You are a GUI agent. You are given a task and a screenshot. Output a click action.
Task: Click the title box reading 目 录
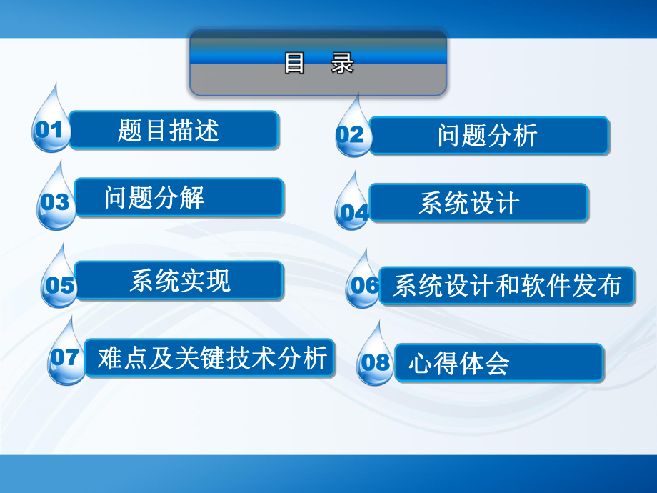tap(319, 64)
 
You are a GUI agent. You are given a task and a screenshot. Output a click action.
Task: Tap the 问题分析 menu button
tap(488, 136)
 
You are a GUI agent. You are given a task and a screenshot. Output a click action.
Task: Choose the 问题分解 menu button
tap(179, 198)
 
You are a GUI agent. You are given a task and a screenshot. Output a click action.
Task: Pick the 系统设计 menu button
tap(478, 203)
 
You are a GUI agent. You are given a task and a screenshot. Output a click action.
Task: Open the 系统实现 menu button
tap(179, 280)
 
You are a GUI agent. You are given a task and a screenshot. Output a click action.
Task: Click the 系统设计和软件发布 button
tap(506, 286)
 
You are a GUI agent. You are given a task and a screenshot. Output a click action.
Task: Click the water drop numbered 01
tap(51, 129)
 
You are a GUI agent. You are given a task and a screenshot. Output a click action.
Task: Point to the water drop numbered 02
tap(352, 134)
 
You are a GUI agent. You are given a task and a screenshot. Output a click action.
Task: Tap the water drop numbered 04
tap(353, 210)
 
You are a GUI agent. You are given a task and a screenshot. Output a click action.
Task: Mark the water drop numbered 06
tap(364, 285)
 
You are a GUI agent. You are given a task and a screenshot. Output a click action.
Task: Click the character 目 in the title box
tap(296, 64)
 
